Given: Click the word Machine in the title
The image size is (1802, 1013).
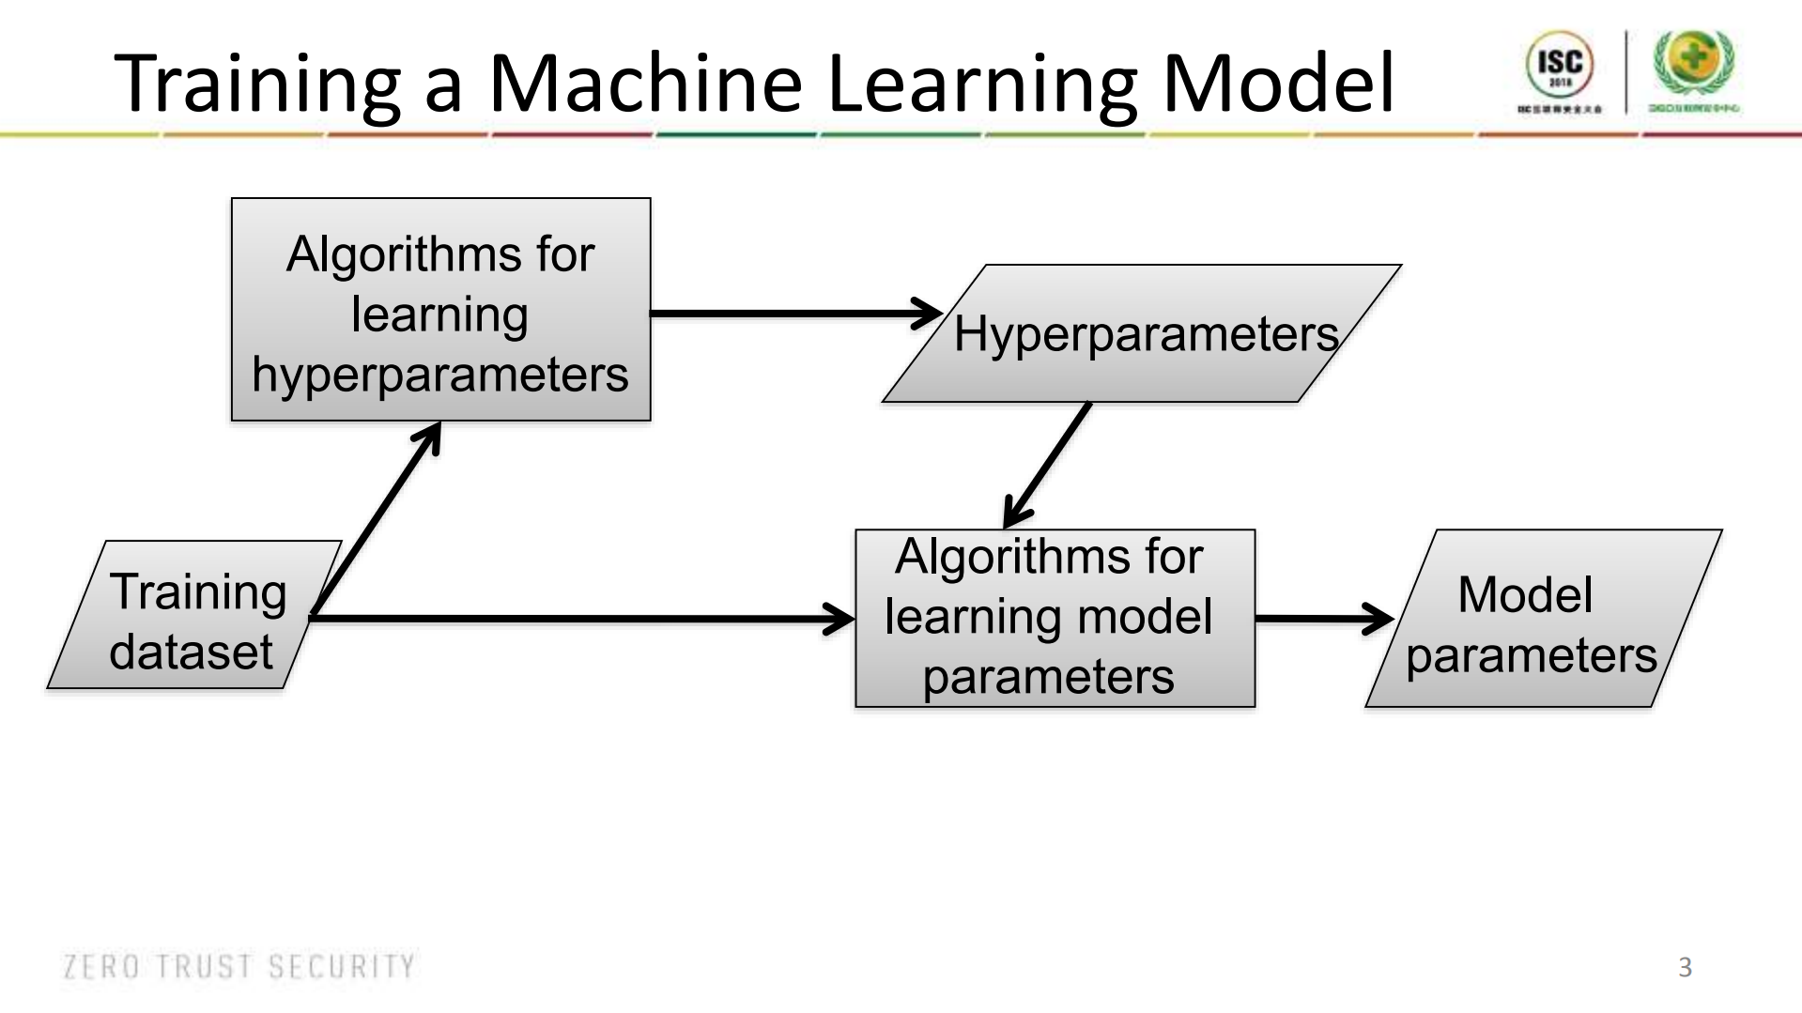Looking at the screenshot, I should click(x=645, y=83).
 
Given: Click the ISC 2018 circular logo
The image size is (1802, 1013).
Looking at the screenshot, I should click(x=1560, y=64).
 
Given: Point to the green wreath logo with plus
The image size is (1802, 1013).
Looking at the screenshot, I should click(x=1694, y=60).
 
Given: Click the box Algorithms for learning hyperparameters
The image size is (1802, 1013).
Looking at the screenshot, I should click(x=440, y=310).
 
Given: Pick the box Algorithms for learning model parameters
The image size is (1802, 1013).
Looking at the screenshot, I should click(x=1054, y=617).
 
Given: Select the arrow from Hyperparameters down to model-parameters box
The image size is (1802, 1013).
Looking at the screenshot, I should click(x=1048, y=465).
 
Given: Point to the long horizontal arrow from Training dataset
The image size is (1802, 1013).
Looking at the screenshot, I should click(x=582, y=618).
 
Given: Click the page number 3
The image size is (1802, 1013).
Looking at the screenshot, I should click(x=1685, y=967).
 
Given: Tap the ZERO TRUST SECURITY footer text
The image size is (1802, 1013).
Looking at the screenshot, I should click(x=239, y=966).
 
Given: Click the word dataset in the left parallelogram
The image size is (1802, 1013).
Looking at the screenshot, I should click(x=191, y=652).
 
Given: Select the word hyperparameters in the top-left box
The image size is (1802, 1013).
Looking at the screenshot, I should click(x=440, y=375).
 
